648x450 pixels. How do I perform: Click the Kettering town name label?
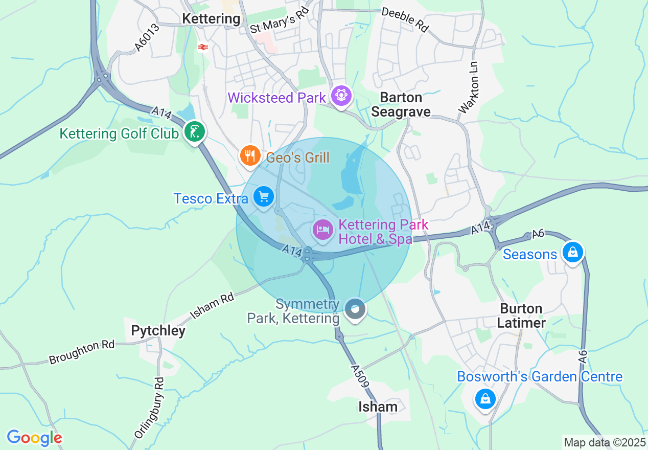211,19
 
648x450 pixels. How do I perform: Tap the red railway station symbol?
203,47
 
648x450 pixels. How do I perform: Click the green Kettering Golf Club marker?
194,132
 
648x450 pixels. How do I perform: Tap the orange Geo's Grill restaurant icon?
249,155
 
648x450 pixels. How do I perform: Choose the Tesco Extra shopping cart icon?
264,196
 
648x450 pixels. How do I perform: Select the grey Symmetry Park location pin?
355,309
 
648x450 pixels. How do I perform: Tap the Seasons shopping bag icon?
573,253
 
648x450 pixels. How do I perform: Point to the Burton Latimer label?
521,316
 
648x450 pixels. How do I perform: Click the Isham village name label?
378,407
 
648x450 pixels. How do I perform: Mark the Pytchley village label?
158,330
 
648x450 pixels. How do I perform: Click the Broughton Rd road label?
82,352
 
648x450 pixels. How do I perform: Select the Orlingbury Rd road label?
149,408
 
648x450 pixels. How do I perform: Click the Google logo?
34,437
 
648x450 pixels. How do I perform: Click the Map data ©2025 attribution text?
605,442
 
